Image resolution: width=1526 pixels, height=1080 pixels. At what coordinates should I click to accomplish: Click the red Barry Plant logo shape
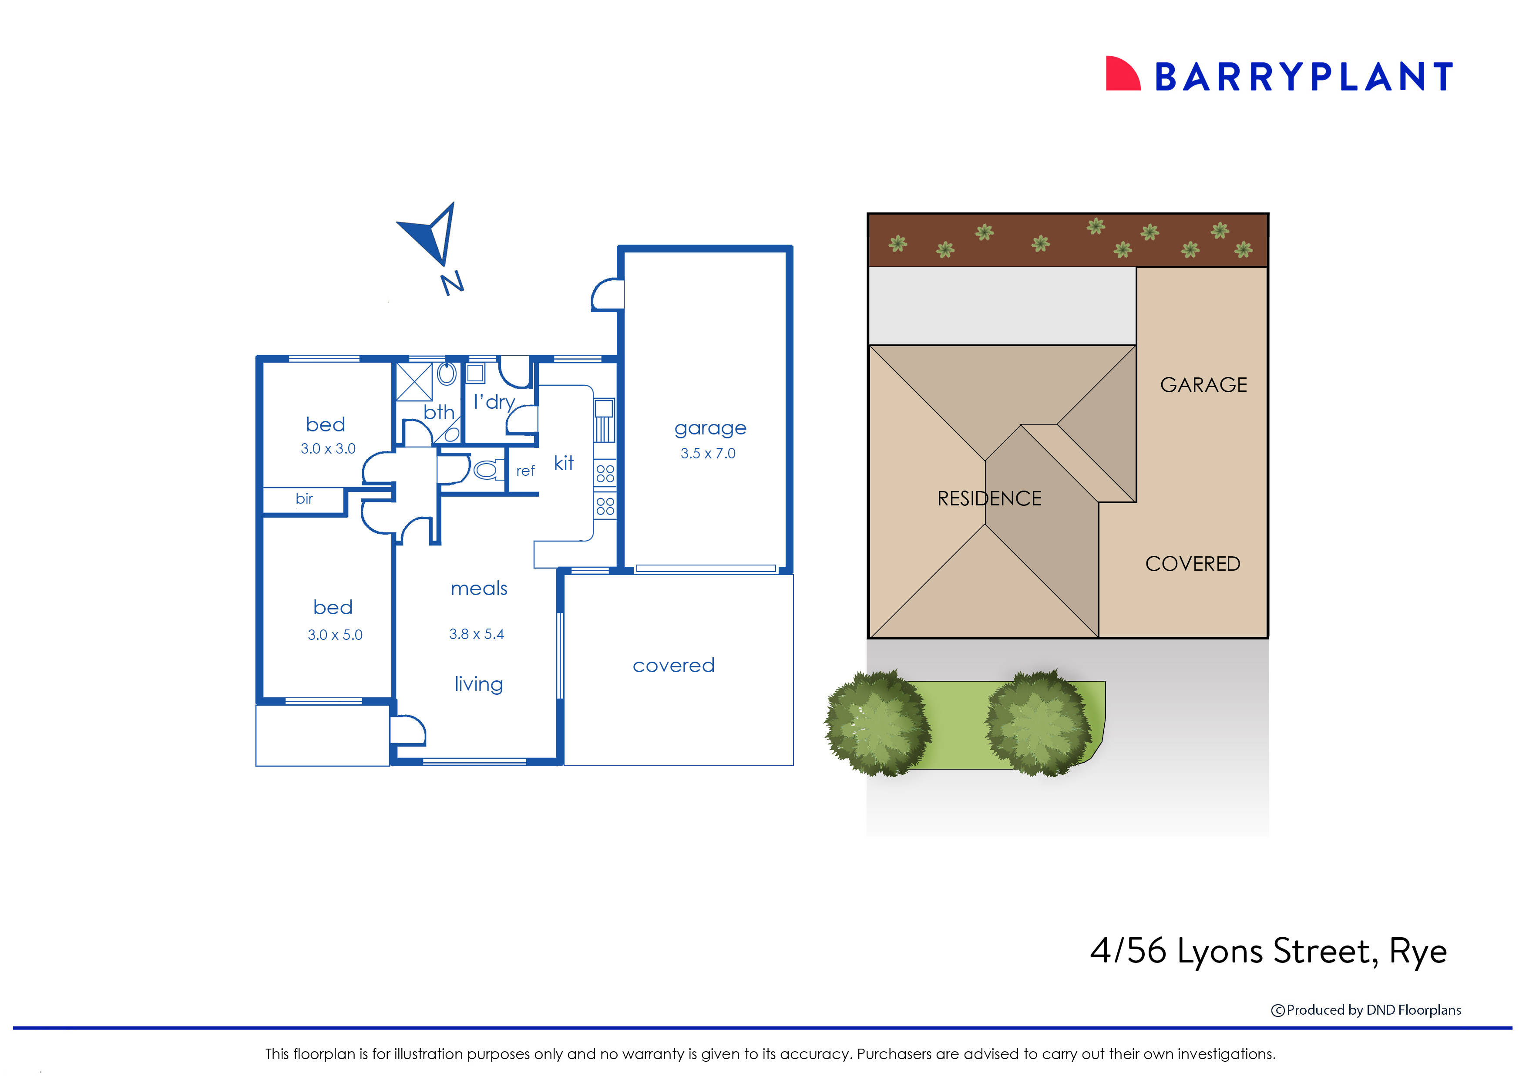(1121, 74)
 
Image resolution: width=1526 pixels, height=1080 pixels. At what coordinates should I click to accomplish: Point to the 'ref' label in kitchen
(525, 471)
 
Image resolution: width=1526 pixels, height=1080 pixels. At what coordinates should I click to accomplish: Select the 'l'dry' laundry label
(494, 402)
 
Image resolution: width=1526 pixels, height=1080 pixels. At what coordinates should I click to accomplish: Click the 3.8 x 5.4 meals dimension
(476, 634)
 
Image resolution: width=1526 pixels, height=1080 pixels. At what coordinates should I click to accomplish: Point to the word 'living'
(479, 684)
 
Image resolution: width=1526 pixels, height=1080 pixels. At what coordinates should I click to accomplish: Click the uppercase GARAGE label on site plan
(1203, 385)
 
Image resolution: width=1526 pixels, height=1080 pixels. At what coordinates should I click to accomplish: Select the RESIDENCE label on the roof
(989, 499)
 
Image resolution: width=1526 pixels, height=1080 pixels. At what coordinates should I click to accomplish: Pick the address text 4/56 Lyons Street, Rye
(1267, 951)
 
